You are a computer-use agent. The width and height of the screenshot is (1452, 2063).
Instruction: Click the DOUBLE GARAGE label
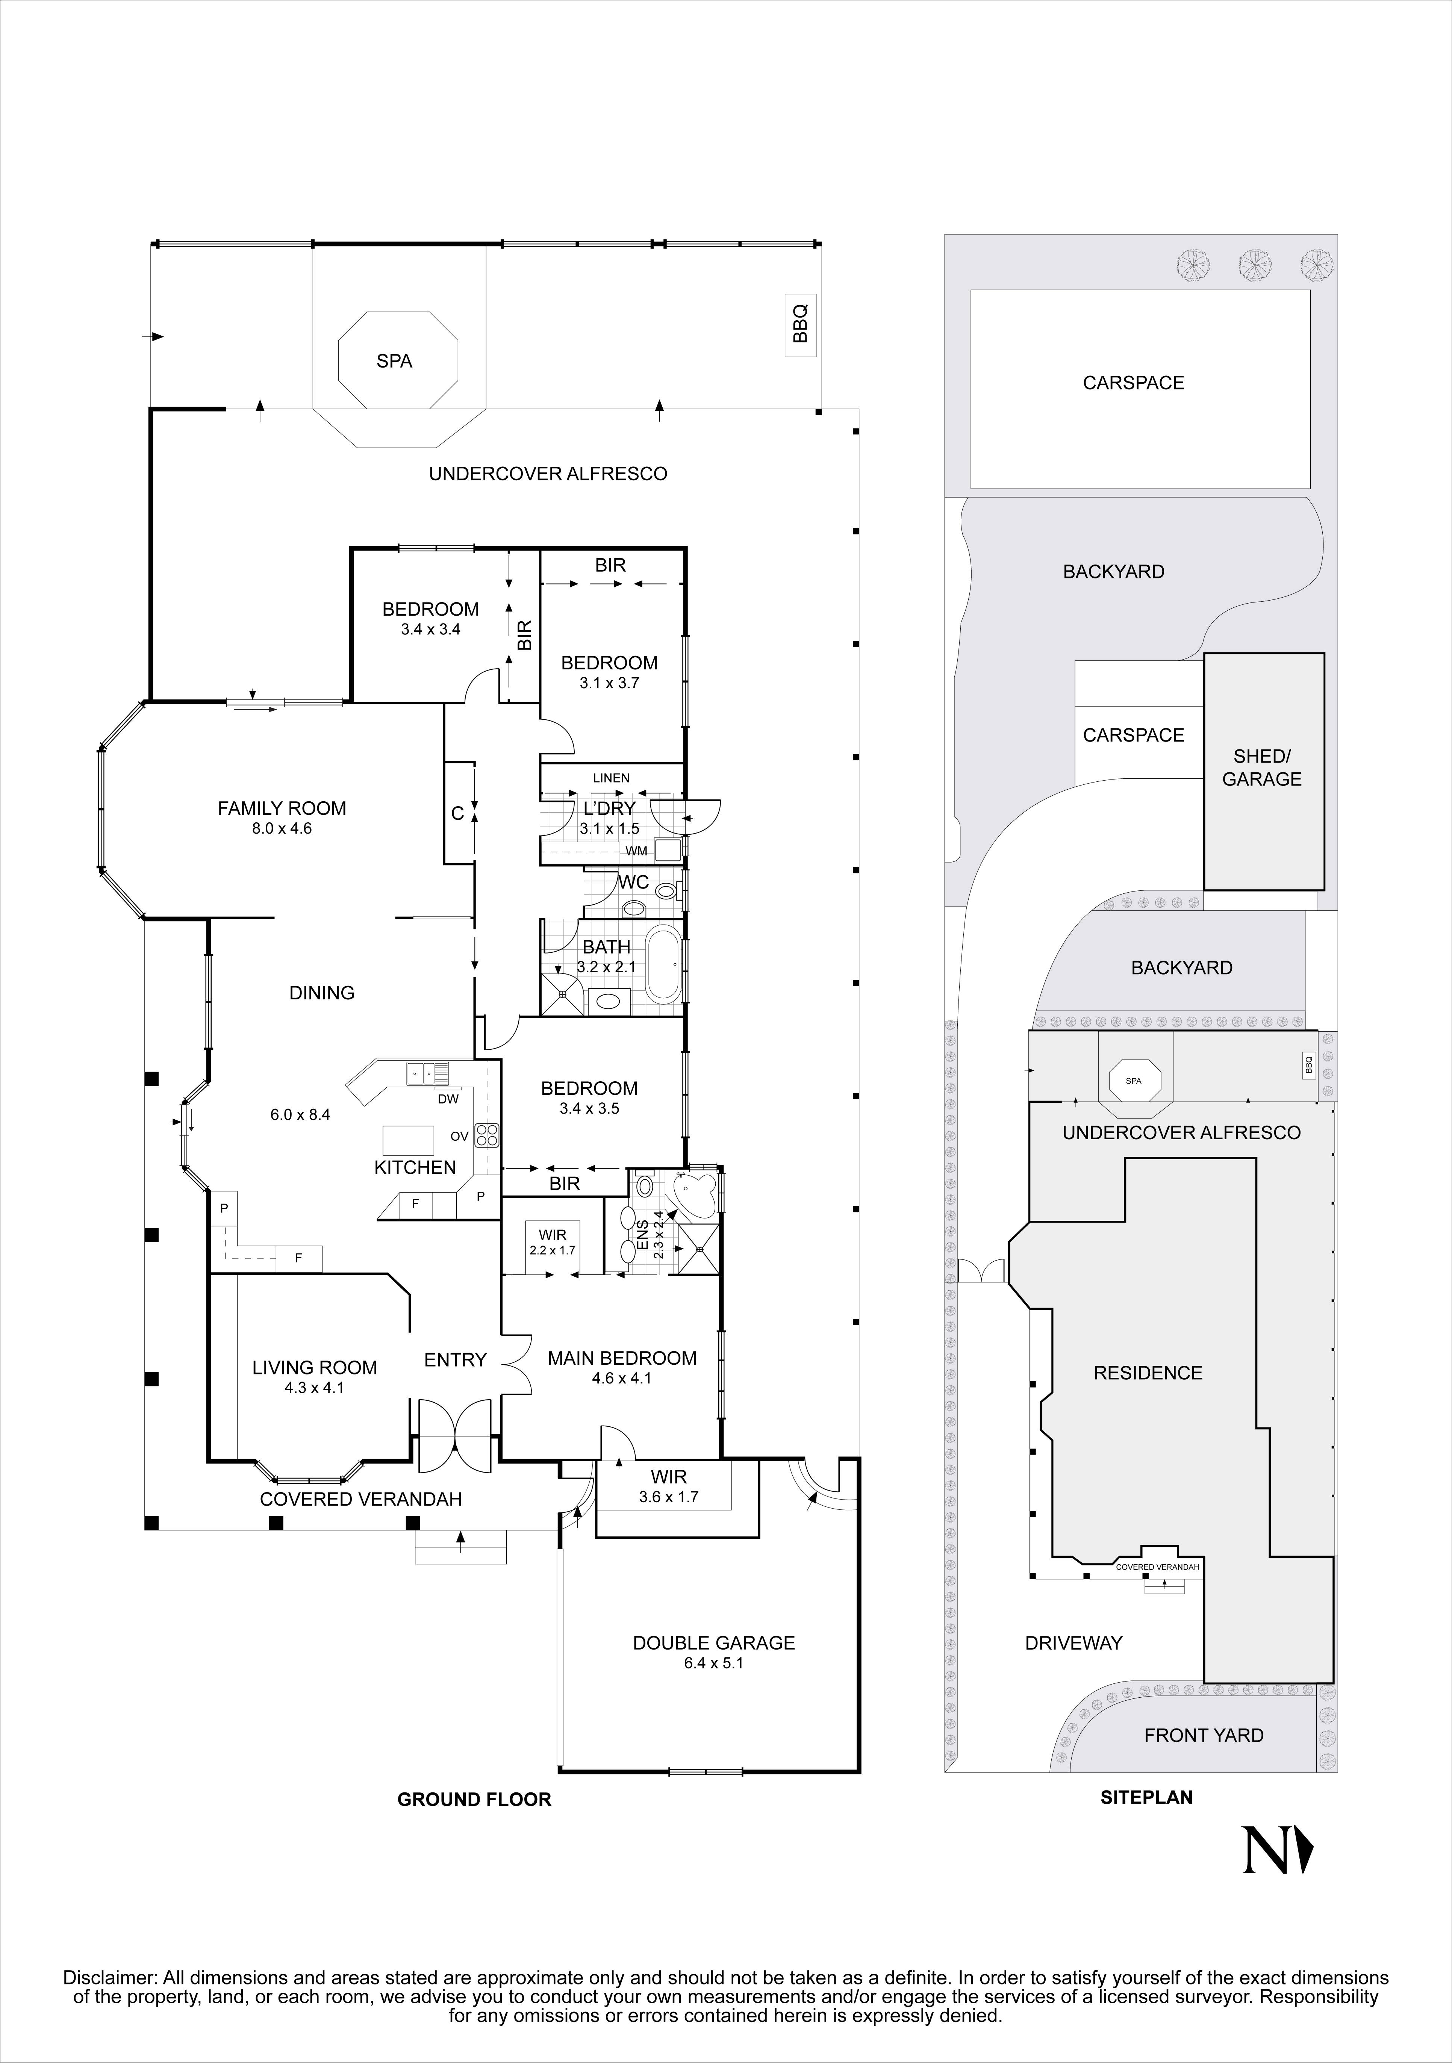713,1642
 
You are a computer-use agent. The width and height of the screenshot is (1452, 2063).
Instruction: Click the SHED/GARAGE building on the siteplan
1263,771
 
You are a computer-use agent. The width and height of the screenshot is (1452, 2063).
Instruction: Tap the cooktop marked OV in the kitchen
487,1136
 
